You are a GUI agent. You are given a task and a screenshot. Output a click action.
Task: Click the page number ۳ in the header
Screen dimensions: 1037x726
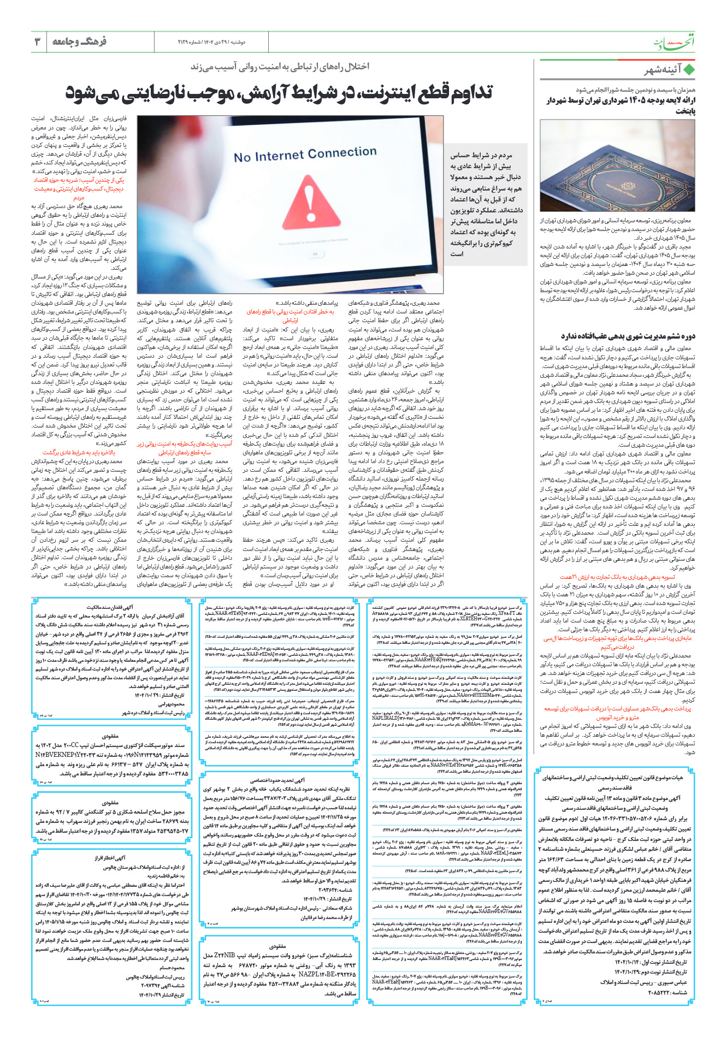point(38,42)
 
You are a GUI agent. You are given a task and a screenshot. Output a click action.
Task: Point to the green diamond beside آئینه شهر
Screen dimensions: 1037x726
point(689,70)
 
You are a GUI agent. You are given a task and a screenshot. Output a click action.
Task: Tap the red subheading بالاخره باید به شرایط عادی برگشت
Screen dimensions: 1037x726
point(79,453)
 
